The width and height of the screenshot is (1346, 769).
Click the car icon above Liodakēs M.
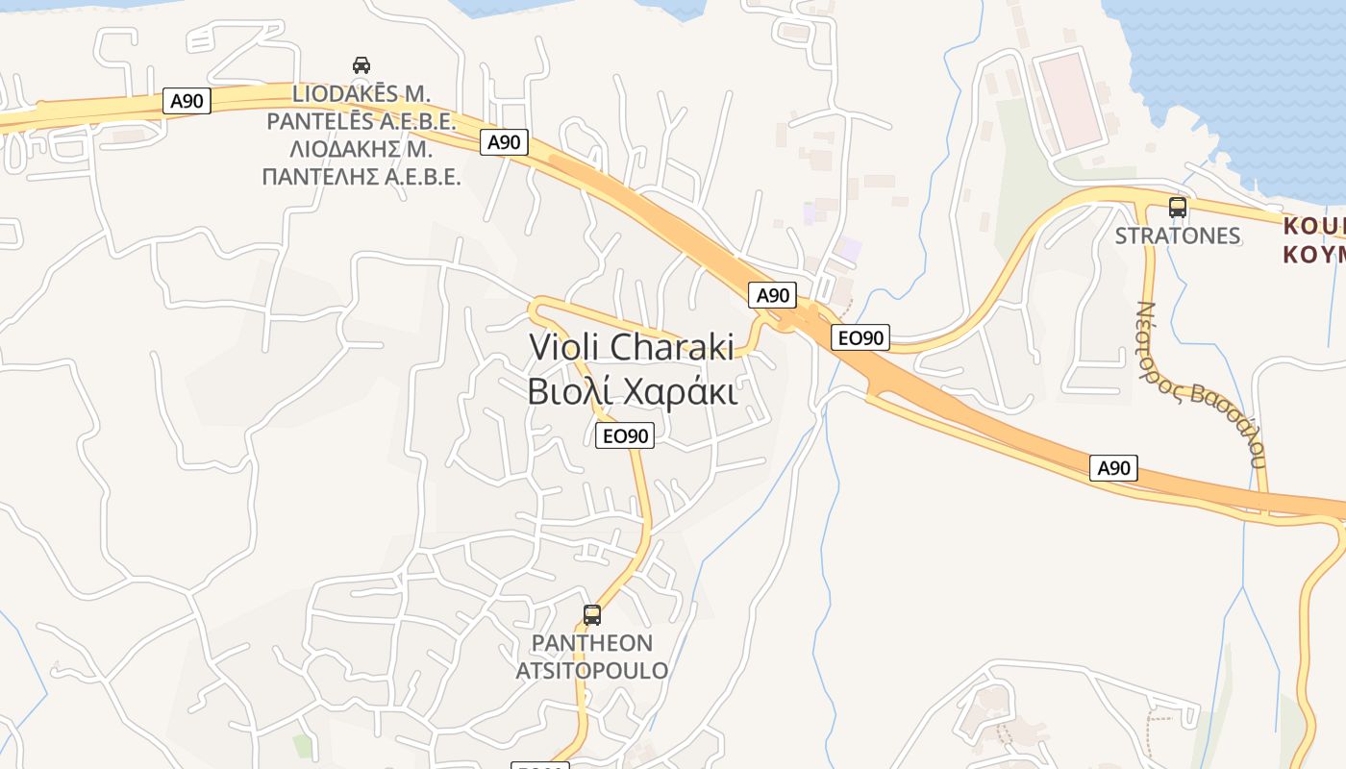point(361,65)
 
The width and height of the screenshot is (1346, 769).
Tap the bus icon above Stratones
point(1177,207)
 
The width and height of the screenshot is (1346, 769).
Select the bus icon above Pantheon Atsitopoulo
point(592,614)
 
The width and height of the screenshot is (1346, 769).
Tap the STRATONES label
point(1177,236)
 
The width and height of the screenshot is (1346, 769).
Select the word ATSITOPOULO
point(592,670)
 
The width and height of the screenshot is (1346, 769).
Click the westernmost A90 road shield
point(187,101)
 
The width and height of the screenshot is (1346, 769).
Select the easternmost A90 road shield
point(1114,468)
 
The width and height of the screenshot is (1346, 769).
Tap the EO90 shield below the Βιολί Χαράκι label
point(625,435)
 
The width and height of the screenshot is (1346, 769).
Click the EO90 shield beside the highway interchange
point(860,337)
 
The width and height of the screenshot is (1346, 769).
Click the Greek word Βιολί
point(568,392)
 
